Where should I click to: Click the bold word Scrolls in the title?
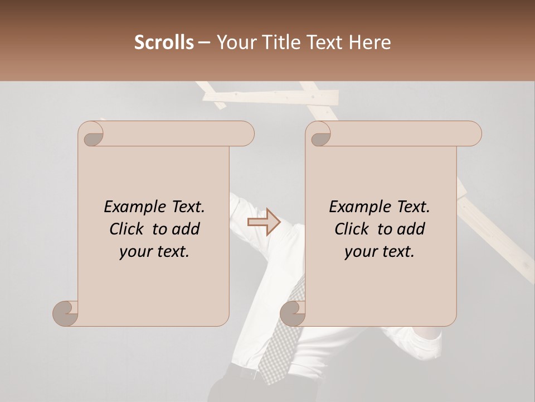[164, 42]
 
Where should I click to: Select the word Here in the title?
[369, 42]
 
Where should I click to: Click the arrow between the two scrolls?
[264, 222]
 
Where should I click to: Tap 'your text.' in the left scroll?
[154, 252]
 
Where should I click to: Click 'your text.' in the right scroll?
[380, 252]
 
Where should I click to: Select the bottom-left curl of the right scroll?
[292, 313]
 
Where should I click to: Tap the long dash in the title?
[205, 42]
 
